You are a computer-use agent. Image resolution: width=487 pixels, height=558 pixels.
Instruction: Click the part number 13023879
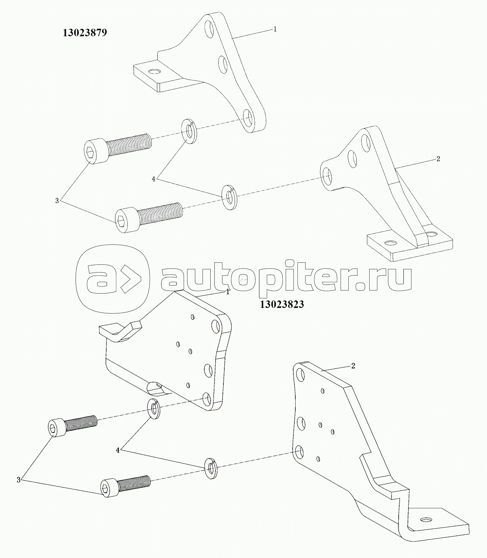coord(85,33)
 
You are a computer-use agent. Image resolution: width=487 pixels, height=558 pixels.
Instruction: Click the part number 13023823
coord(282,304)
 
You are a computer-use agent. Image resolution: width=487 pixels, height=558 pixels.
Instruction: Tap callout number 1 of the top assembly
coord(275,29)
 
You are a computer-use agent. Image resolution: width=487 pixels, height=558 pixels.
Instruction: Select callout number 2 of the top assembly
coord(438,159)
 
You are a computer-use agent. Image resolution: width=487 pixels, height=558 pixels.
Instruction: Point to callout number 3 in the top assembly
coord(57,201)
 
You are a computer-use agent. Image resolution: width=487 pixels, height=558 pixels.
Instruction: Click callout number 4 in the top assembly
coord(154,179)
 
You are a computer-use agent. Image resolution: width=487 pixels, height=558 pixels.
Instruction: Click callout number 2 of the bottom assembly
coord(353,366)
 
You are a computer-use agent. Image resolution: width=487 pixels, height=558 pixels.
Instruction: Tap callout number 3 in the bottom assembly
coord(19,489)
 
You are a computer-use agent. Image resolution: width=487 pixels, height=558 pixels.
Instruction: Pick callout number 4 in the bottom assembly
coord(118,450)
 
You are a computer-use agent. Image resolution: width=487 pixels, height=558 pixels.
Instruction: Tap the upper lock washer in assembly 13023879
coord(189,131)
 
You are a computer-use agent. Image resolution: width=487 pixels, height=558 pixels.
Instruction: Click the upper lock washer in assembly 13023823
coord(154,409)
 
